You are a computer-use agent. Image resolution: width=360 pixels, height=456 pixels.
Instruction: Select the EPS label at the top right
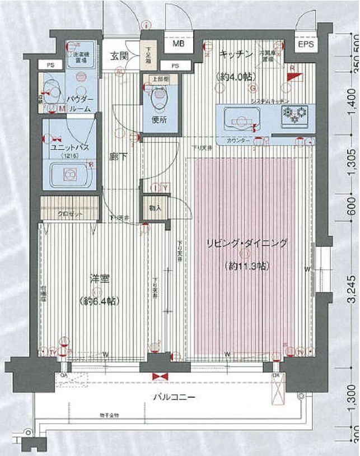click(306, 44)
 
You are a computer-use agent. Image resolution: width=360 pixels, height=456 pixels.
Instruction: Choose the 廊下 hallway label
click(117, 157)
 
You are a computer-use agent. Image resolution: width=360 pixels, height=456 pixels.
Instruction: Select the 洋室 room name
click(98, 277)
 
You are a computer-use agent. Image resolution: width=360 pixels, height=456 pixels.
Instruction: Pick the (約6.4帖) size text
click(98, 301)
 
